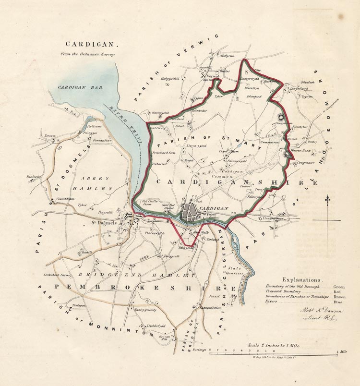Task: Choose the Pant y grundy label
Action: pos(132,310)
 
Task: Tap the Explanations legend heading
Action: pos(301,279)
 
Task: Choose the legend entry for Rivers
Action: pos(272,302)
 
